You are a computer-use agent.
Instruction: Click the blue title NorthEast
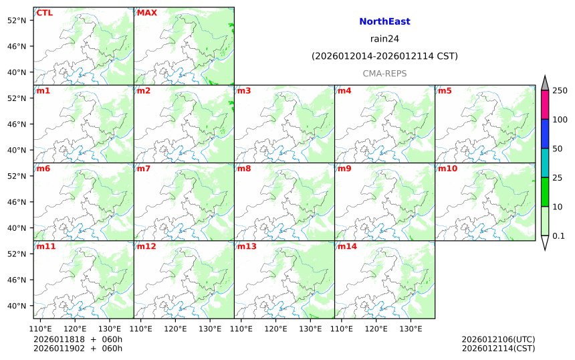pyautogui.click(x=384, y=21)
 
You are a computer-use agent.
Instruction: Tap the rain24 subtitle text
pyautogui.click(x=384, y=39)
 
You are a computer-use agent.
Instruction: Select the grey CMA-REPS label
pyautogui.click(x=384, y=74)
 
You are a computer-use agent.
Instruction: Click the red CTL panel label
pyautogui.click(x=44, y=13)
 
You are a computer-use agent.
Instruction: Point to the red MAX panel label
pyautogui.click(x=147, y=13)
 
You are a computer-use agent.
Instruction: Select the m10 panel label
pyautogui.click(x=447, y=169)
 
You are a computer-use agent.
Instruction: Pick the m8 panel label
pyautogui.click(x=244, y=169)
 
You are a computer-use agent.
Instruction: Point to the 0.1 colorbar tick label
pyautogui.click(x=558, y=236)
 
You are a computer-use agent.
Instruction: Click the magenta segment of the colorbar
pyautogui.click(x=545, y=105)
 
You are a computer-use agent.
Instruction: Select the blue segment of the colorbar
pyautogui.click(x=545, y=134)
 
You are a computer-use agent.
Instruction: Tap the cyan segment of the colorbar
pyautogui.click(x=545, y=163)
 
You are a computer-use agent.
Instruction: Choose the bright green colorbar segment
pyautogui.click(x=545, y=192)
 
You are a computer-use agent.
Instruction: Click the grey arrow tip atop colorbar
pyautogui.click(x=545, y=82)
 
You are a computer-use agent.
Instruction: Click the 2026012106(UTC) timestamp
pyautogui.click(x=498, y=339)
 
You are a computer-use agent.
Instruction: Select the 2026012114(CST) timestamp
pyautogui.click(x=498, y=348)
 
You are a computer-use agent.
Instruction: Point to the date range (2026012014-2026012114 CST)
pyautogui.click(x=384, y=56)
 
